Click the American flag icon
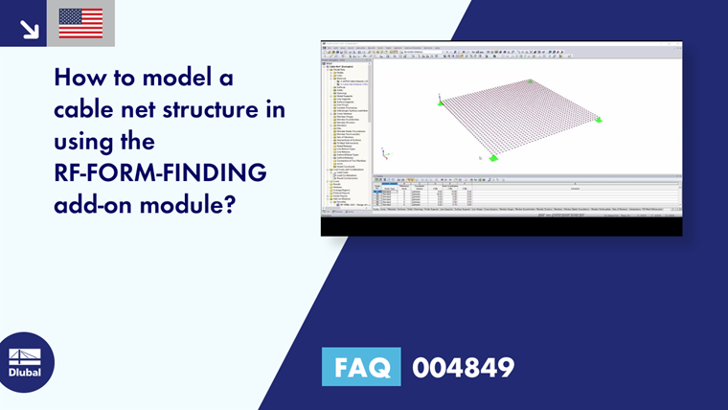pos(80,23)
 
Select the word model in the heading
pos(169,77)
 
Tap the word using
pos(90,143)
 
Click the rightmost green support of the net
pos(598,120)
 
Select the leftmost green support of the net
pos(441,98)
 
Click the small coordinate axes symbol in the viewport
pos(383,151)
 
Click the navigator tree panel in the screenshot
pos(345,125)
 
